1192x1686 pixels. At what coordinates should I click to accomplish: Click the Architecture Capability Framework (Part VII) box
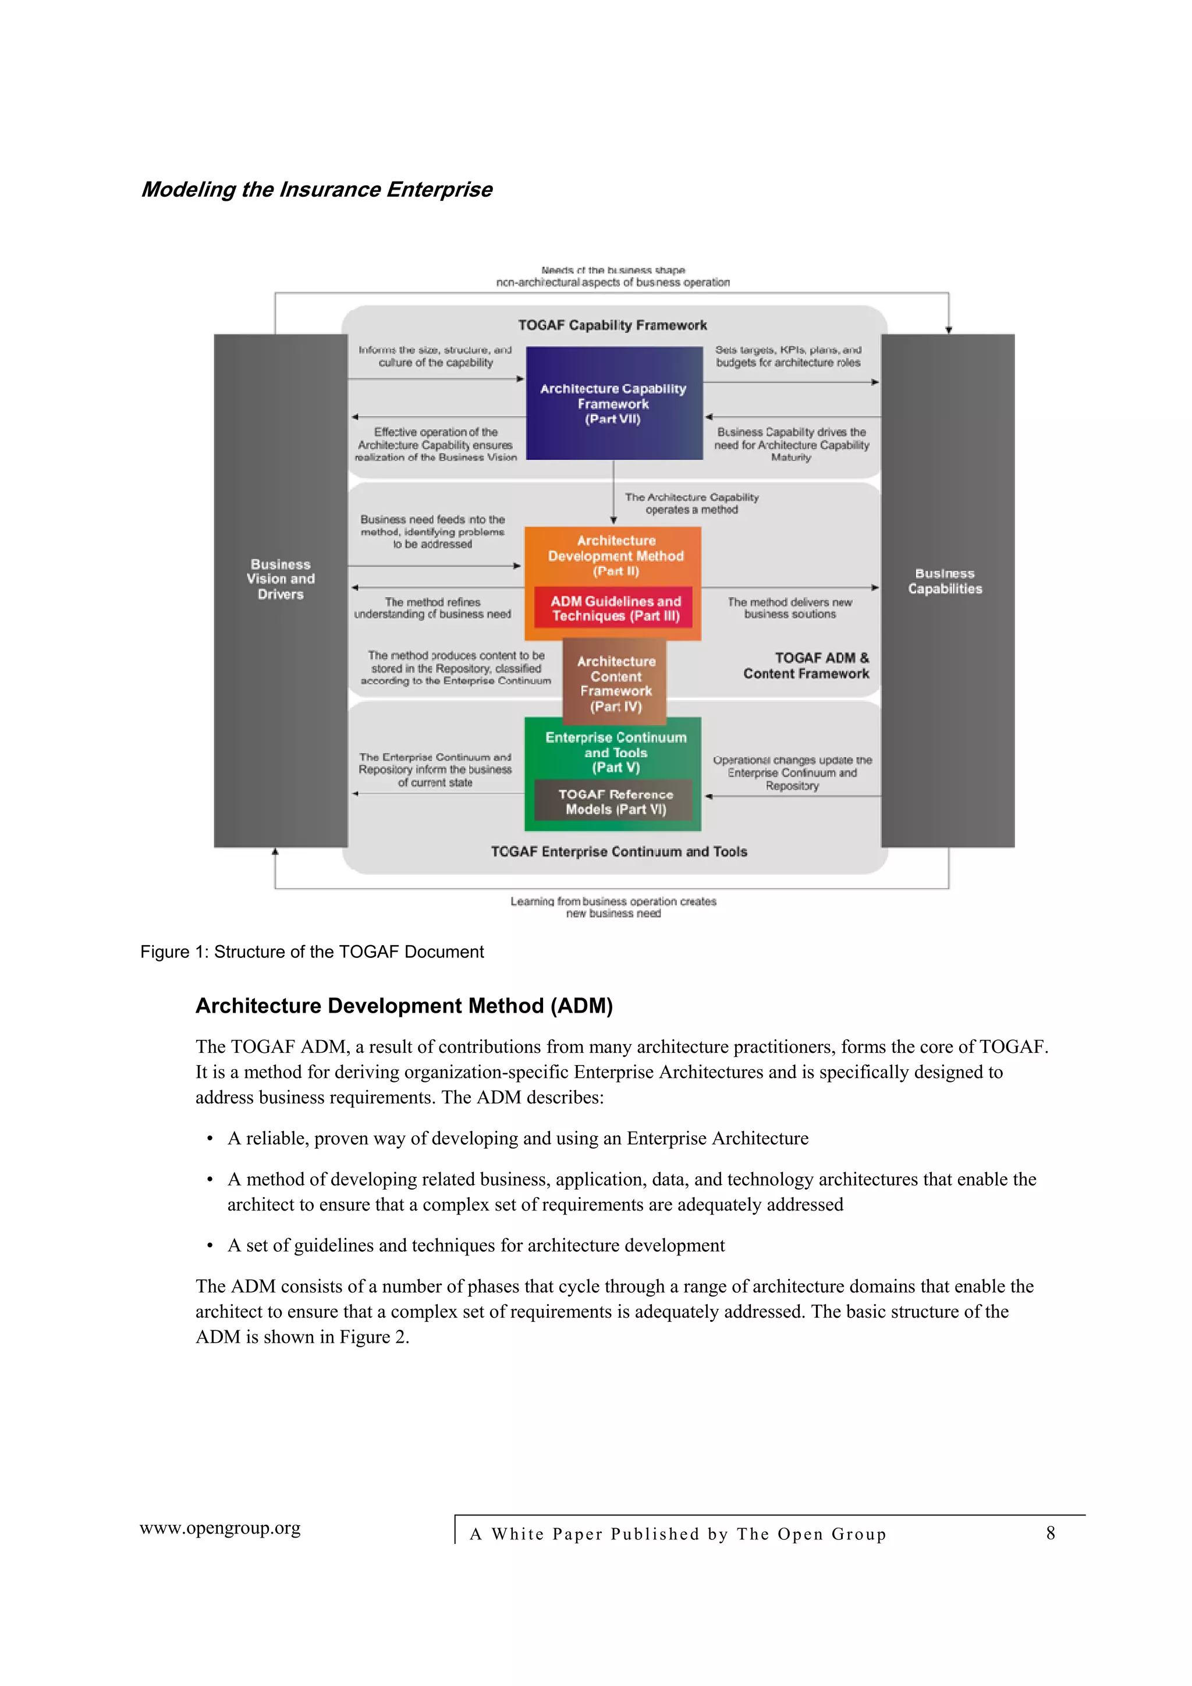coord(614,403)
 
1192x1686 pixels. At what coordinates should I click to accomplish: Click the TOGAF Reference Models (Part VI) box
coord(615,801)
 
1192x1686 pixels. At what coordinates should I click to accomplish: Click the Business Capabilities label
coord(945,581)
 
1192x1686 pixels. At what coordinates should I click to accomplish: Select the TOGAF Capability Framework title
coord(612,325)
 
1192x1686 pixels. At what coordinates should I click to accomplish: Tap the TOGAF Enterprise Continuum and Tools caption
coord(618,851)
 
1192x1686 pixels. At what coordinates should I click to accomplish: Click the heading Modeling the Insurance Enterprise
coord(317,190)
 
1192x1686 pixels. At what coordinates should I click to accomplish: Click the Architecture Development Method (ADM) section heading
coord(404,1005)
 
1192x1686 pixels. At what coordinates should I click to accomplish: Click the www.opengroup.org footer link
coord(221,1528)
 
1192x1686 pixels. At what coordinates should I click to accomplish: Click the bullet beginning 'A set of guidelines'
coord(476,1245)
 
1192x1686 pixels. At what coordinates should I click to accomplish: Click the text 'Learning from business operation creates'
coord(613,901)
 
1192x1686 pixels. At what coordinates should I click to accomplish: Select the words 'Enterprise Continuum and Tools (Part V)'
coord(615,752)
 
